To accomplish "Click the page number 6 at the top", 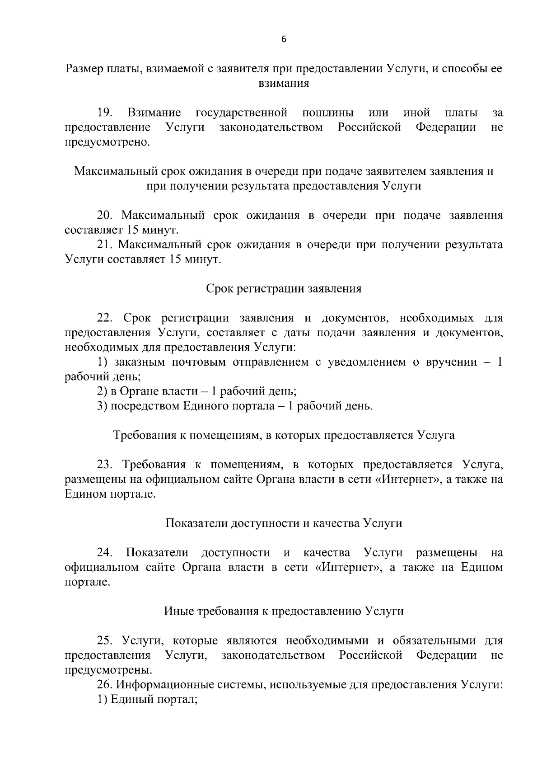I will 284,39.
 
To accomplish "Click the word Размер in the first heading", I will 84,69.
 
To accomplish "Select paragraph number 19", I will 105,112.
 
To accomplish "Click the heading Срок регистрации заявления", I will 284,288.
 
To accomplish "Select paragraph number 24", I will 105,552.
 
